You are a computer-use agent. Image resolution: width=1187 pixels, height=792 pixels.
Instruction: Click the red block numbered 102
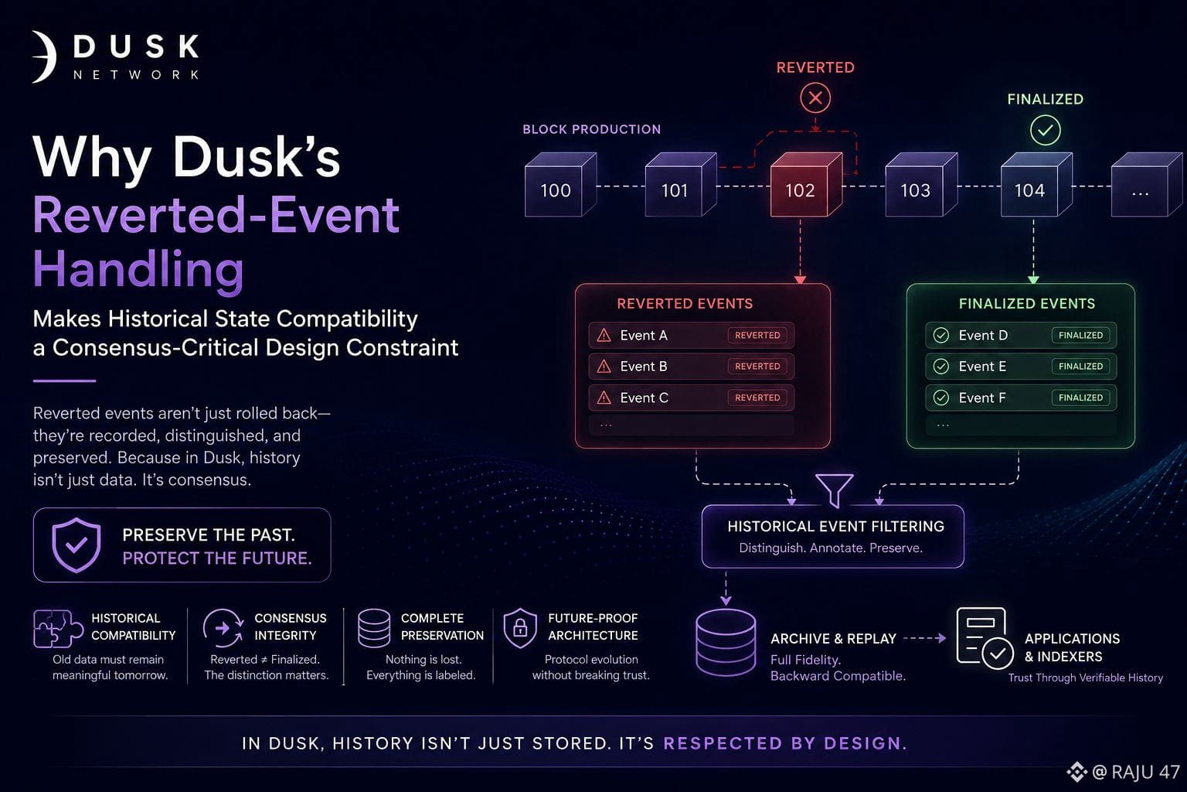coord(805,185)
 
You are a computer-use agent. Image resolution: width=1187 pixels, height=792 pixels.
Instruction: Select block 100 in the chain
coord(560,185)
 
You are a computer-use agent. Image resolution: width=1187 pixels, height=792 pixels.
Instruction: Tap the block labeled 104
coord(1036,185)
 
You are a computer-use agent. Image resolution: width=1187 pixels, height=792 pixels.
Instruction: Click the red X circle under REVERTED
coord(815,97)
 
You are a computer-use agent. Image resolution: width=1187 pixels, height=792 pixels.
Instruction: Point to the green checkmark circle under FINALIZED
coord(1045,130)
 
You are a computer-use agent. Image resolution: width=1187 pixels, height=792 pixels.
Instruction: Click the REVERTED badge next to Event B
coord(757,366)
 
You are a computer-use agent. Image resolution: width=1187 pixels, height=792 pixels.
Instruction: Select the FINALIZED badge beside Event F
coord(1080,398)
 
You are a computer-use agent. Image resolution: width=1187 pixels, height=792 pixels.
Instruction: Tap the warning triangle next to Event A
coord(604,335)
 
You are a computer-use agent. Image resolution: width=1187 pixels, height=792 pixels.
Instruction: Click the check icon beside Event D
coord(941,335)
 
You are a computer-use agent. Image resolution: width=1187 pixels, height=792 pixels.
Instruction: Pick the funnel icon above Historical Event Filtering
coord(834,489)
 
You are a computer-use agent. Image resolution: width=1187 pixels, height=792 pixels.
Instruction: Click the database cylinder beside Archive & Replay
coord(726,643)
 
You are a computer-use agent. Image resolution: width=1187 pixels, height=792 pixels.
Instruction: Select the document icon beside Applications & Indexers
coord(985,638)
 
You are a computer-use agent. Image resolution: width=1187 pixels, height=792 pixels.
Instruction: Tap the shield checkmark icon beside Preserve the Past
coord(77,544)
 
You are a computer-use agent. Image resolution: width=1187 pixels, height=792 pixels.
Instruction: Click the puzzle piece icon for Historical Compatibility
coord(58,629)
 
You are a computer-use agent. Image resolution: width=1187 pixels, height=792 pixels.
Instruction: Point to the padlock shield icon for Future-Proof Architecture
coord(520,628)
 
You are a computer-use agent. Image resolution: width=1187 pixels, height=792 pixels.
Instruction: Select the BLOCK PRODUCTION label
coord(591,129)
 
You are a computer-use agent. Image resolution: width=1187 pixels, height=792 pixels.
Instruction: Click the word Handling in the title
coord(138,268)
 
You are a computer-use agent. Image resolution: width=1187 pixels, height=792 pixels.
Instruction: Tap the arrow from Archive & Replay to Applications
coord(925,638)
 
